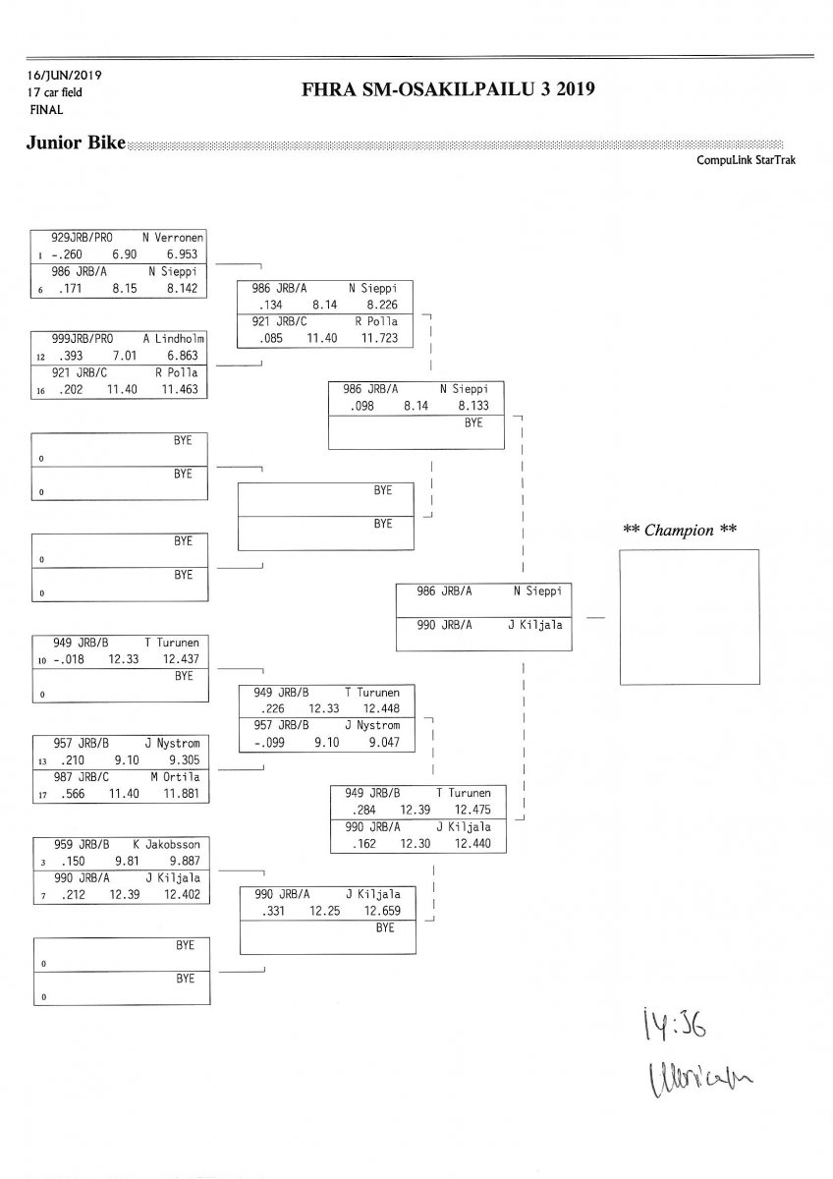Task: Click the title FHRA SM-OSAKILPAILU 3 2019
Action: pos(451,91)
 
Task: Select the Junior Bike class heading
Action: pos(76,144)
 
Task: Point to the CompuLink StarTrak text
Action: pos(746,160)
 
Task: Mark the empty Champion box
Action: pos(689,616)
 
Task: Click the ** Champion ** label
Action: pos(680,531)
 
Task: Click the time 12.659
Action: pos(383,911)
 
